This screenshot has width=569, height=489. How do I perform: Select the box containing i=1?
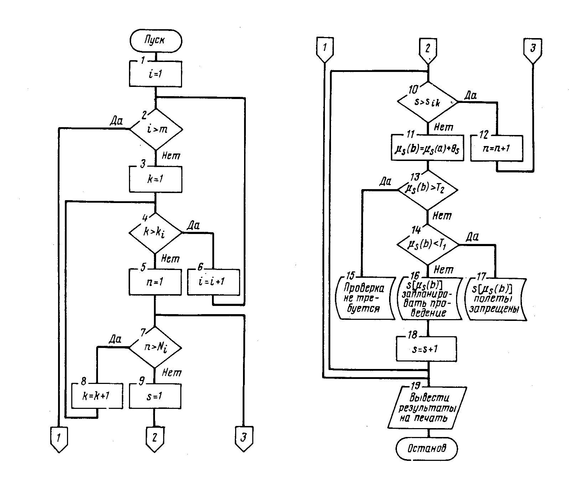pyautogui.click(x=155, y=74)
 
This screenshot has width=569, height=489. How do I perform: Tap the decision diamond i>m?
pyautogui.click(x=156, y=129)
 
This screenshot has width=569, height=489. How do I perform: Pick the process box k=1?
pyautogui.click(x=155, y=179)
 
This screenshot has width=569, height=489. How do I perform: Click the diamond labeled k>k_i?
pyautogui.click(x=155, y=233)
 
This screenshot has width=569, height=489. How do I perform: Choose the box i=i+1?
pyautogui.click(x=213, y=282)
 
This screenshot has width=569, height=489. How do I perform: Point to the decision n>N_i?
pyautogui.click(x=155, y=347)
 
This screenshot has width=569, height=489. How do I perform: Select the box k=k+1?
pyautogui.click(x=97, y=396)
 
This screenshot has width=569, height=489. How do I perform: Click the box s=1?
pyautogui.click(x=155, y=396)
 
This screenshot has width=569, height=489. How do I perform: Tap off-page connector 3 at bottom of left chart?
pyautogui.click(x=244, y=438)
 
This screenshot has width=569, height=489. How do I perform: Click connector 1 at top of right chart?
pyautogui.click(x=324, y=49)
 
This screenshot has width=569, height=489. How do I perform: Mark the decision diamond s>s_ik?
pyautogui.click(x=428, y=102)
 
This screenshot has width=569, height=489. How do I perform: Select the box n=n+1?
pyautogui.click(x=497, y=148)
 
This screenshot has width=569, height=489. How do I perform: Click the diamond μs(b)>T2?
pyautogui.click(x=428, y=189)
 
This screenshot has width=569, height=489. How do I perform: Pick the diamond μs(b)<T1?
pyautogui.click(x=428, y=245)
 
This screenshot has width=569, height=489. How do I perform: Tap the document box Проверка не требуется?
pyautogui.click(x=365, y=298)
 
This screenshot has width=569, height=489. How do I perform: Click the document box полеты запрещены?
pyautogui.click(x=496, y=298)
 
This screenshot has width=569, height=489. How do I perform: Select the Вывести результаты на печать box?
pyautogui.click(x=427, y=407)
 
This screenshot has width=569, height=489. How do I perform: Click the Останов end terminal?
pyautogui.click(x=426, y=448)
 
